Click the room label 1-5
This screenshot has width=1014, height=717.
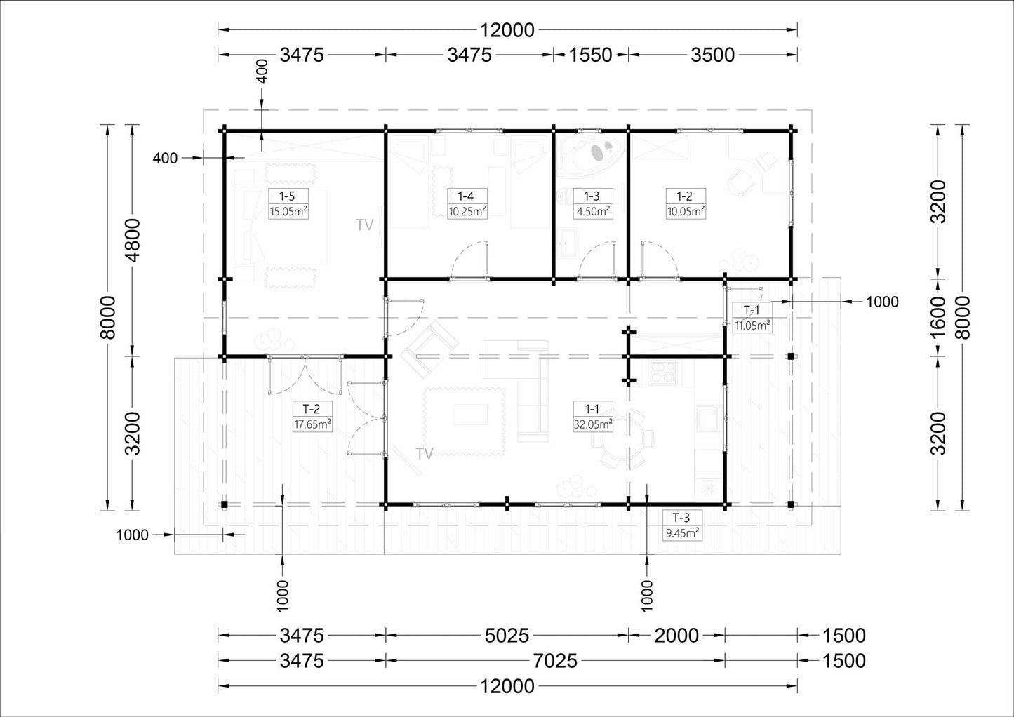tap(287, 196)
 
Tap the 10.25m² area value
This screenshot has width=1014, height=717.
tap(467, 211)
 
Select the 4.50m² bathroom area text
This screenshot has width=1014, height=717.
tap(592, 211)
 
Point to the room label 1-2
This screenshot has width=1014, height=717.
tap(684, 196)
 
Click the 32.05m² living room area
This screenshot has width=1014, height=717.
tap(593, 424)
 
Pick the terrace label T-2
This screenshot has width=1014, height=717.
tap(312, 409)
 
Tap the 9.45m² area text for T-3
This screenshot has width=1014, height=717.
tap(683, 532)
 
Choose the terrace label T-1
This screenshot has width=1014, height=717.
tap(752, 310)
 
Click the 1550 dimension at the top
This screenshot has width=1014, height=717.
tap(590, 55)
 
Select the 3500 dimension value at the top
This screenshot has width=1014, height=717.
tap(712, 55)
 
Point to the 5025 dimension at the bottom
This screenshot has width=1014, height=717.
tap(507, 636)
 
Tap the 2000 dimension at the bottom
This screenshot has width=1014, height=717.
tap(676, 636)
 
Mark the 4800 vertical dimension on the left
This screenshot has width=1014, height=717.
tap(133, 241)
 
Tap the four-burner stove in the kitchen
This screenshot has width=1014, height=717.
tap(662, 373)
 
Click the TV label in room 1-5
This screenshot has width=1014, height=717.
tap(364, 225)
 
